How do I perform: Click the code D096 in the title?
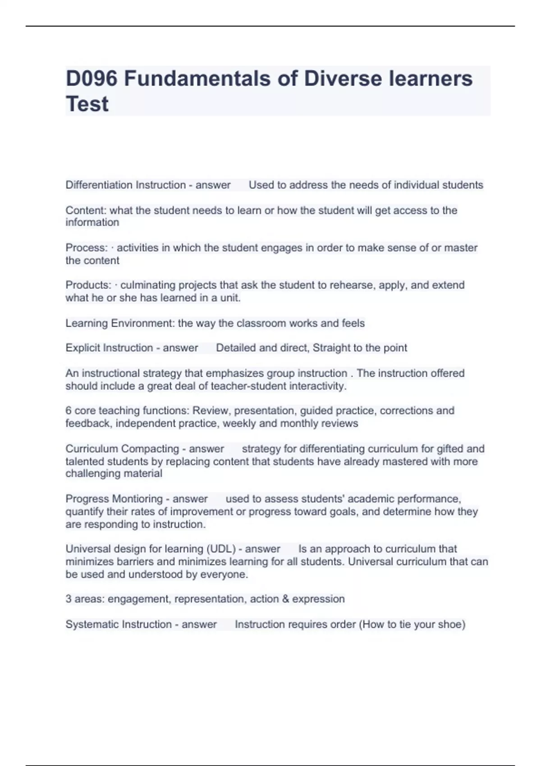coord(92,78)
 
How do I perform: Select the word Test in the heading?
coord(87,104)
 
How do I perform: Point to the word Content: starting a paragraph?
coord(86,210)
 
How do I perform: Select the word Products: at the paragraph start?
coord(88,285)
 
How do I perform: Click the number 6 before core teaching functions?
coord(69,411)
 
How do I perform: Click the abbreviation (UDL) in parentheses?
coord(221,549)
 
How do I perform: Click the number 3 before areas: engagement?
coord(69,599)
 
